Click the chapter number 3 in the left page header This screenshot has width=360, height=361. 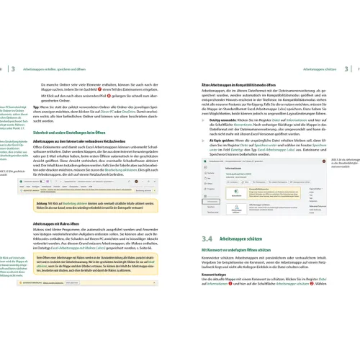[x=14, y=68]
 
